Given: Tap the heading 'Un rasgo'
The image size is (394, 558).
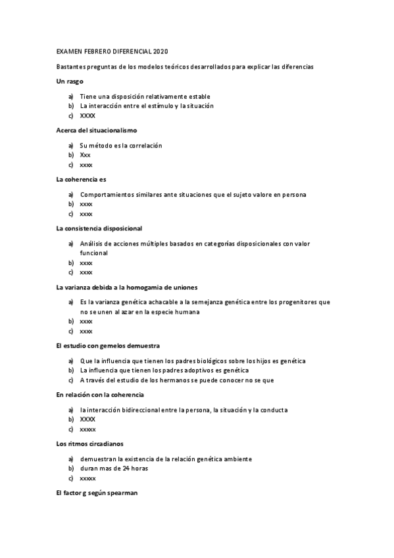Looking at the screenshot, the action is pos(70,81).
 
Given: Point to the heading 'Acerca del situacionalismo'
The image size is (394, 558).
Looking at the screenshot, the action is pos(97,130).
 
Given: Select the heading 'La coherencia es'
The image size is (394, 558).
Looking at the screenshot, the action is pos(82,179).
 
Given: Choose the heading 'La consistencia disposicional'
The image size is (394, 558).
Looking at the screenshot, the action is pos(99,228).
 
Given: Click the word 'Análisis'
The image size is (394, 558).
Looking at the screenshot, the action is pos(93,243).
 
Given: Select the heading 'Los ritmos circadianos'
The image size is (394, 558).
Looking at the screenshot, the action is pos(90,444).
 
